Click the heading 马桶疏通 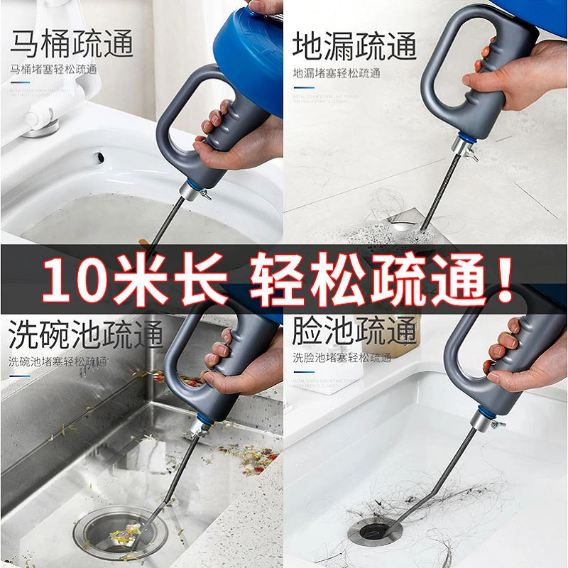(x=71, y=44)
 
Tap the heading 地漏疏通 (x=354, y=44)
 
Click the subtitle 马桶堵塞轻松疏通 (x=53, y=70)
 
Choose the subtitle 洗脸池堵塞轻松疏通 (x=342, y=358)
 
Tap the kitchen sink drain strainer (x=117, y=529)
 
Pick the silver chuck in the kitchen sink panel (x=199, y=427)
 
